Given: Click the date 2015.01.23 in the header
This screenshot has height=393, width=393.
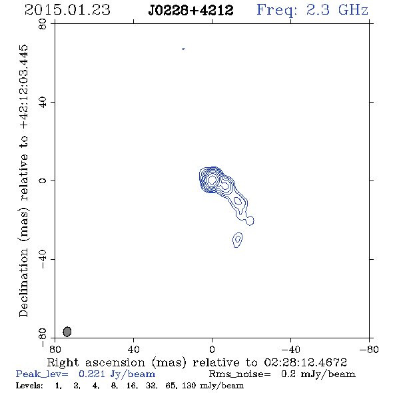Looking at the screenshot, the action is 67,10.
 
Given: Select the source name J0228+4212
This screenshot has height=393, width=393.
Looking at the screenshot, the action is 191,11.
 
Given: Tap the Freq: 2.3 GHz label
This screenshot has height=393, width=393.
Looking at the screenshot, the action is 312,11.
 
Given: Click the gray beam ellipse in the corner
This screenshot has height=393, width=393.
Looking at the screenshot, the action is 67,332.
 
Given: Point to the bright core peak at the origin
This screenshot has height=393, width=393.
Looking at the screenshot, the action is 212,179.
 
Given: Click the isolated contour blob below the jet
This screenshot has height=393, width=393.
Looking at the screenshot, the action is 238,240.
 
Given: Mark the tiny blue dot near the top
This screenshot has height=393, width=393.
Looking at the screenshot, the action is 183,49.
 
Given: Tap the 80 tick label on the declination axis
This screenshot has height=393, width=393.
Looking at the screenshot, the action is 43,24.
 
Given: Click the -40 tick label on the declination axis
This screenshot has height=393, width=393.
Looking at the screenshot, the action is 43,259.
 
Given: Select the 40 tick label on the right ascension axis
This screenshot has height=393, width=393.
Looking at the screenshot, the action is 133,349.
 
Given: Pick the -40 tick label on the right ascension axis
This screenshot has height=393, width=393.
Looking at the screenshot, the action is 290,349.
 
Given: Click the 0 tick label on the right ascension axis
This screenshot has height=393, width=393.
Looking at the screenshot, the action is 212,349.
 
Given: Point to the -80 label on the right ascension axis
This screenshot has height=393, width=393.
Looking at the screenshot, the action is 369,349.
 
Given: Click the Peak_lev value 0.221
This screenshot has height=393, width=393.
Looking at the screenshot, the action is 92,374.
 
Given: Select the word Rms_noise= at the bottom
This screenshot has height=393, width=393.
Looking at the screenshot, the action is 240,374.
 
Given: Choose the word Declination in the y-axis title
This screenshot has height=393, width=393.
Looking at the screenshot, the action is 23,282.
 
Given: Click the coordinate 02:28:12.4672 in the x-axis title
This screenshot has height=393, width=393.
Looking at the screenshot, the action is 306,362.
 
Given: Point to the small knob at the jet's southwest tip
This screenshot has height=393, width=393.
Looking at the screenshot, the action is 250,220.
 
